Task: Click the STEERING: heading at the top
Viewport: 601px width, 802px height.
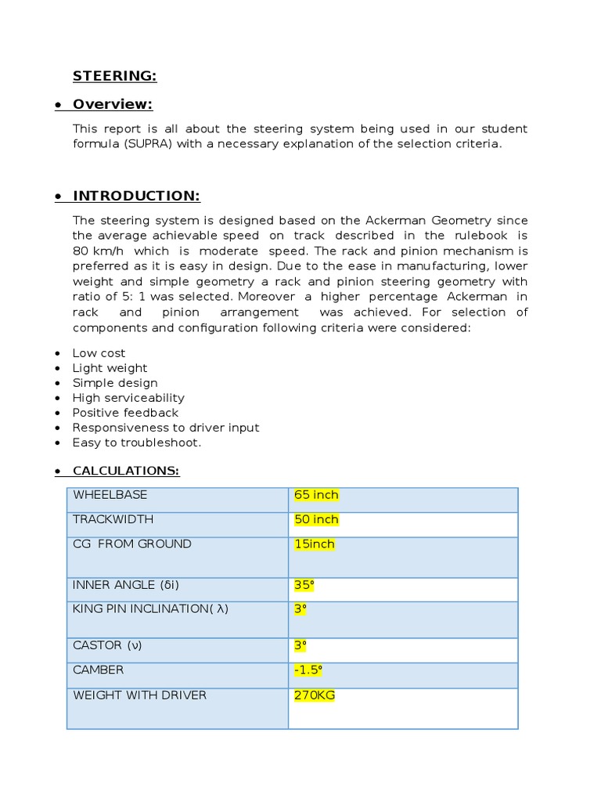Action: [x=114, y=76]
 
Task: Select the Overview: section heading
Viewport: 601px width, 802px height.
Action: [x=112, y=104]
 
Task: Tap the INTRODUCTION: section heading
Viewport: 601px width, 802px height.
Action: [x=136, y=196]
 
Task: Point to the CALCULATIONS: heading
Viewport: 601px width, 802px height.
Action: [x=125, y=471]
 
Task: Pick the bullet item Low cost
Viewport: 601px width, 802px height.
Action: [x=99, y=353]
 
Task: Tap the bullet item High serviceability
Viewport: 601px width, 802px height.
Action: [x=128, y=398]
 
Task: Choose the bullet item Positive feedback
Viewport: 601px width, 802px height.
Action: [x=125, y=413]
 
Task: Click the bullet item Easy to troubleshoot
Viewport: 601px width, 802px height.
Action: [x=136, y=443]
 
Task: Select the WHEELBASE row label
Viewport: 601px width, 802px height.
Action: [x=110, y=495]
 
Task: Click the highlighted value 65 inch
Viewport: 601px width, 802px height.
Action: [x=316, y=495]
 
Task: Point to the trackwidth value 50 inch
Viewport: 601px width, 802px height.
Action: [x=316, y=519]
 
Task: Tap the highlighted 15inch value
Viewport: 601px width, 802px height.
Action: [x=314, y=544]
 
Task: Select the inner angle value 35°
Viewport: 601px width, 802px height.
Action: [x=304, y=585]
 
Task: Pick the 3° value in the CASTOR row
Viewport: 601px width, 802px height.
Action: [x=300, y=645]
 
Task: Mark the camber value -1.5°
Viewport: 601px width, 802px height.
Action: [x=308, y=670]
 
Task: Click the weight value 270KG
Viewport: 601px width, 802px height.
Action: [x=315, y=695]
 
